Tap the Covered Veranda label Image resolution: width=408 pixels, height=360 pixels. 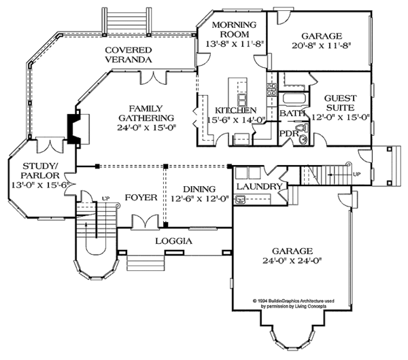click(x=128, y=55)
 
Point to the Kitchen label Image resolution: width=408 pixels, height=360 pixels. click(x=236, y=111)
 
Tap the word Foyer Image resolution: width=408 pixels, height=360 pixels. click(x=141, y=198)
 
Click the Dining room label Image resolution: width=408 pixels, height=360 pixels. click(x=199, y=189)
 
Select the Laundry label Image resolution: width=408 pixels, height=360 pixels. click(x=258, y=186)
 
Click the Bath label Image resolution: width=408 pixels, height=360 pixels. click(x=290, y=112)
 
